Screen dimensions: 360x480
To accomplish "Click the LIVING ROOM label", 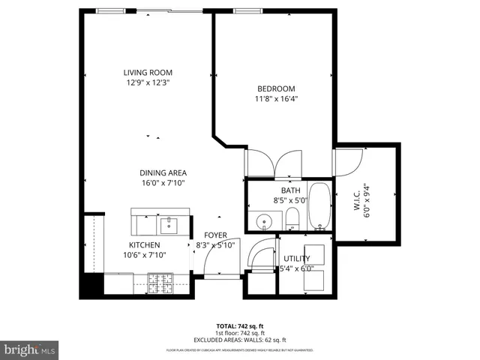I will pos(148,73).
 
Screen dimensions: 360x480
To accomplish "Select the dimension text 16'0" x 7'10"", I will pos(163,182).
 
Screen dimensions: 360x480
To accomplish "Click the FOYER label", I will pos(215,235).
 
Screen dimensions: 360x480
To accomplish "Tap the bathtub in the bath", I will pos(319,207).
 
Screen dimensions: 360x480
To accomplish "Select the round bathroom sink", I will pos(264,222).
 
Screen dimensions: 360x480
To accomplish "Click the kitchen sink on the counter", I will pos(168,223).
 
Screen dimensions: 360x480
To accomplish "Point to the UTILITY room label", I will pos(296,259).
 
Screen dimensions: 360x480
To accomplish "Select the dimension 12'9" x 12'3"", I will pos(148,82).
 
